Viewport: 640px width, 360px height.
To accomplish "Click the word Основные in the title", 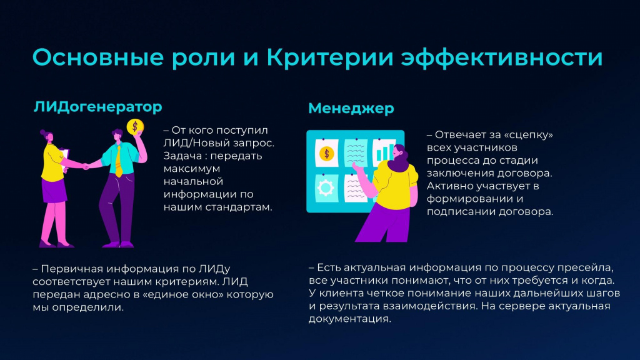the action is tap(98, 57).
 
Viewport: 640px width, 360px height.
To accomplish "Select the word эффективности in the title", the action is tap(502, 57).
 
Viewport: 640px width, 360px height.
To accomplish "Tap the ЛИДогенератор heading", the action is tap(98, 107).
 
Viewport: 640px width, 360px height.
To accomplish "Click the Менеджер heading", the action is tap(351, 109).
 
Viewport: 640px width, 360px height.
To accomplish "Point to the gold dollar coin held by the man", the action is tap(135, 127).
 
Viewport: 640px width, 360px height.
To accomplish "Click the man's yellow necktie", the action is tap(118, 161).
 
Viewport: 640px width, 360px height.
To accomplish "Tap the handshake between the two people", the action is tap(86, 166).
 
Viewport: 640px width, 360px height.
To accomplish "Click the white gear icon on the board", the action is tap(325, 188).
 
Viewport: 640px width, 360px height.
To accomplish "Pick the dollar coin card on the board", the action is tap(326, 153).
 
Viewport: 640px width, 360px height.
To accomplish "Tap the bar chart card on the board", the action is tap(384, 152).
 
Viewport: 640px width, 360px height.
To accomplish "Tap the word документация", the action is tap(350, 319).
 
